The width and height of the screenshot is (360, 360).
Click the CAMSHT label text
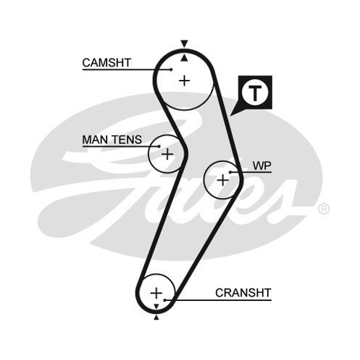tap(107, 63)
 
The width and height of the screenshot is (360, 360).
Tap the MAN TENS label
tap(112, 140)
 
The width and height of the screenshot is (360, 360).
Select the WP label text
tap(262, 166)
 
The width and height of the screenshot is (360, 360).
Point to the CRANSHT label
tap(243, 292)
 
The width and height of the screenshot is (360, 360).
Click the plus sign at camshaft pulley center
tap(184, 81)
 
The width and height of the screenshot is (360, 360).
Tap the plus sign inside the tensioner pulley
tap(167, 154)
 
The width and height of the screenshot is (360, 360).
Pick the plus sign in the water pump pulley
tap(222, 180)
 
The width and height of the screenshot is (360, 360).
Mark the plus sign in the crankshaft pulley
tap(156, 293)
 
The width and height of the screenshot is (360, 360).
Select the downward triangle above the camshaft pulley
tap(184, 43)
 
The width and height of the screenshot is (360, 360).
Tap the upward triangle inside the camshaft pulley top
tap(184, 58)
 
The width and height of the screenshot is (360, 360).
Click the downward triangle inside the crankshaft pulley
tap(156, 306)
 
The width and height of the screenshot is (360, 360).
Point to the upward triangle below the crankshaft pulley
tap(156, 318)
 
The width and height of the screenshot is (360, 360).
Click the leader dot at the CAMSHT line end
tap(171, 70)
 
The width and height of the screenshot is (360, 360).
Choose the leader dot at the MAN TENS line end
tap(159, 146)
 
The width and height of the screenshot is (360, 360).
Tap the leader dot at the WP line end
tap(230, 172)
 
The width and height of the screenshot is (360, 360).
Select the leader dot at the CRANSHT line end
tap(165, 300)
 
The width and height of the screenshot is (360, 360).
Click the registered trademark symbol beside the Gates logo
tap(324, 209)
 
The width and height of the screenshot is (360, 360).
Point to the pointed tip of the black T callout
tap(230, 116)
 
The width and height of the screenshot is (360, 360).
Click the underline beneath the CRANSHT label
tap(218, 300)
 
